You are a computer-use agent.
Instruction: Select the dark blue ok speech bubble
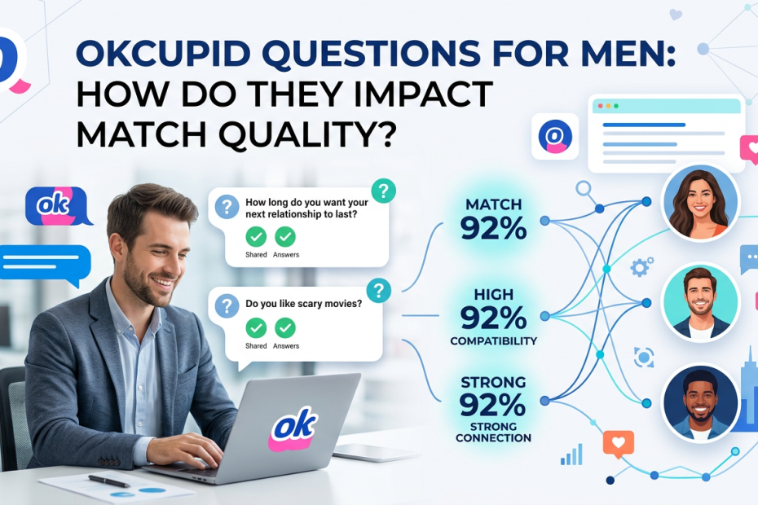point(58,207)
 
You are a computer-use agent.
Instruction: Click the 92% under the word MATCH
point(493,228)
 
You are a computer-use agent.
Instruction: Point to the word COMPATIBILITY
point(493,341)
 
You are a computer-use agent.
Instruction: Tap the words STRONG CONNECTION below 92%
point(493,433)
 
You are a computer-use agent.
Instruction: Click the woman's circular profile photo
point(702,202)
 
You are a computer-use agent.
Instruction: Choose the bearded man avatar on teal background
point(701,302)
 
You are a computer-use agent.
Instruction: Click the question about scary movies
point(303,304)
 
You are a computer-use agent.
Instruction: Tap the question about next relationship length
point(307,209)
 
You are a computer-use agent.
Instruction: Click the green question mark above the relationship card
point(384,191)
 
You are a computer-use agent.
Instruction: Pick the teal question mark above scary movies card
point(379,291)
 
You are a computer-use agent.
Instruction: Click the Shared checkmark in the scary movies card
point(256,328)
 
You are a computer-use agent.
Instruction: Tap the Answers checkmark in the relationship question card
point(285,237)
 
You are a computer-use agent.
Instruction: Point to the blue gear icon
point(641,267)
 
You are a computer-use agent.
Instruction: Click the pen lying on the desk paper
point(108,481)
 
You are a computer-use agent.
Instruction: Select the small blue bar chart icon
point(571,455)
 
